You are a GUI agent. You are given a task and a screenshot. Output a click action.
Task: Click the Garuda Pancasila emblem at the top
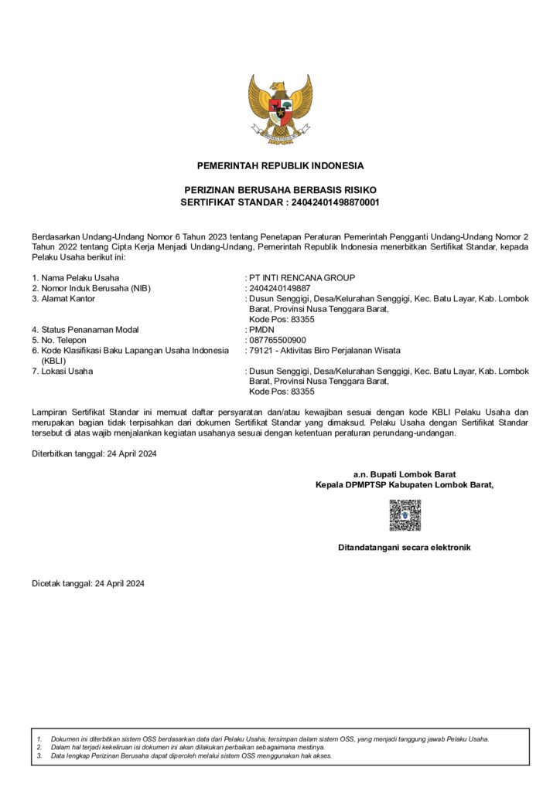point(280,109)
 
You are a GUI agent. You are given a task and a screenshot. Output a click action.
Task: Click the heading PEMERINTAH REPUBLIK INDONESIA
point(280,165)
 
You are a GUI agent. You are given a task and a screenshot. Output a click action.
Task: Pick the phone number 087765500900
point(277,340)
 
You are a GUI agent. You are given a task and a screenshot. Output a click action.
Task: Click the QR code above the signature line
point(404,515)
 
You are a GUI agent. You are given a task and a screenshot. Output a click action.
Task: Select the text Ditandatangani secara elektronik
point(404,548)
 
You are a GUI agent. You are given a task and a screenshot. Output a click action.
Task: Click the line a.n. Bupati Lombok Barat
point(404,474)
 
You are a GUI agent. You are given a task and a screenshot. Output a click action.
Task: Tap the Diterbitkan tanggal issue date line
point(94,453)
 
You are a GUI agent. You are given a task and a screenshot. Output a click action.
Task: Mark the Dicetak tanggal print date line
point(88,583)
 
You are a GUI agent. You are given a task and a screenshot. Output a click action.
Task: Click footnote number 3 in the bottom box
point(39,755)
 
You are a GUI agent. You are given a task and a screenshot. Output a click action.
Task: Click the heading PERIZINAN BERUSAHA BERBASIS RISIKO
point(280,190)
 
